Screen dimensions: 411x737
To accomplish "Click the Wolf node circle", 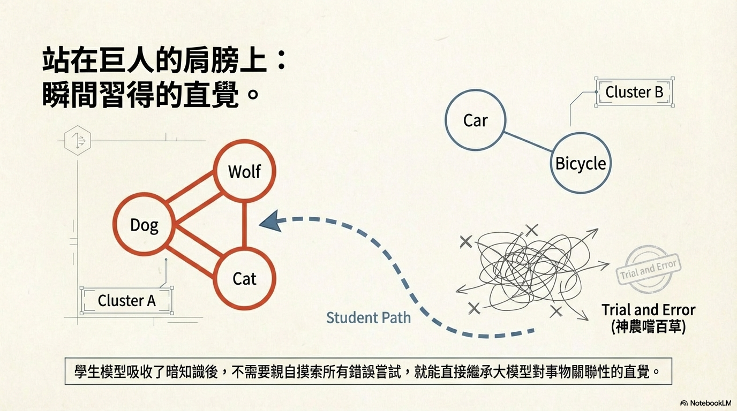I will pos(244,171).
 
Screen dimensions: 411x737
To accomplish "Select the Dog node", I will pos(144,224).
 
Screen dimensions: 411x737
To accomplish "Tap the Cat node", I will pos(244,278).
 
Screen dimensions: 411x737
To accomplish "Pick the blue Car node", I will pos(475,120).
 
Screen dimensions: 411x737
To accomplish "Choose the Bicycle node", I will pos(581,163).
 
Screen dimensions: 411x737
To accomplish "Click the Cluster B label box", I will pos(634,92).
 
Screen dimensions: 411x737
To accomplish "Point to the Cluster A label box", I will pos(126,300).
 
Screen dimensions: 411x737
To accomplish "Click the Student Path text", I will pos(368,317).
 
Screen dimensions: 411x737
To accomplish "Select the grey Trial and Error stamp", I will pos(649,269).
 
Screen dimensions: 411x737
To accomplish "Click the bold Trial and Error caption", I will pos(648,310).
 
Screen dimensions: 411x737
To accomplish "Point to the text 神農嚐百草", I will pos(648,326).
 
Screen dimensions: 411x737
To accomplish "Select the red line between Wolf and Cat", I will pos(244,225).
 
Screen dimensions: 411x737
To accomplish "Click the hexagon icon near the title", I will pos(78,140).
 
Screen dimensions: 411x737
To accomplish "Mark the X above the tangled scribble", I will pos(531,231).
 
